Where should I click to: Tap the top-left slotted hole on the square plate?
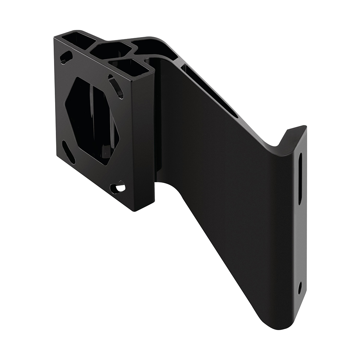(x=66, y=57)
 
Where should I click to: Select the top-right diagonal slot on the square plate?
(x=116, y=86)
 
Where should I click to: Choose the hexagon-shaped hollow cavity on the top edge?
(x=110, y=50)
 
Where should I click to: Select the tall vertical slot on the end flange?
(x=300, y=179)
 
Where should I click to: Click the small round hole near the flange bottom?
(x=300, y=287)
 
